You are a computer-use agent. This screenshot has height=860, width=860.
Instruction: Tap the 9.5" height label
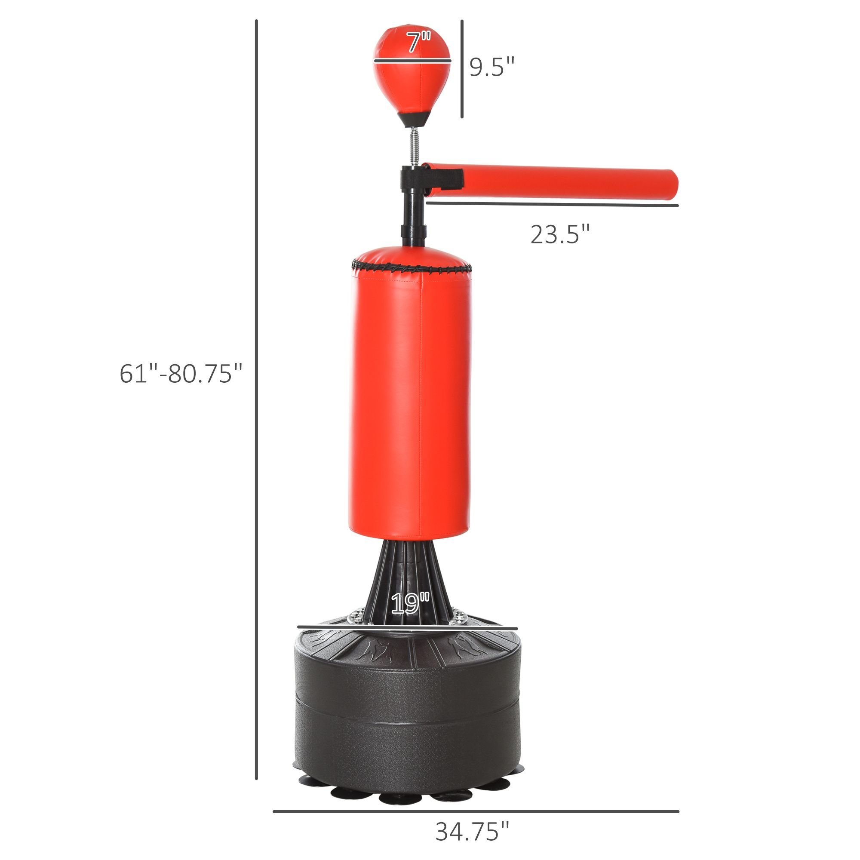point(492,67)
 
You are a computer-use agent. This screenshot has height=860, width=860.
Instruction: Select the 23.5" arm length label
point(560,234)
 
